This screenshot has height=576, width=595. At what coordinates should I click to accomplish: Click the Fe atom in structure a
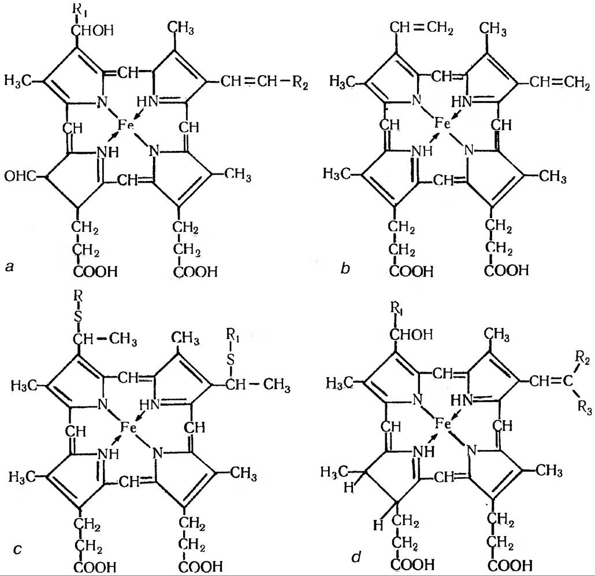(125, 124)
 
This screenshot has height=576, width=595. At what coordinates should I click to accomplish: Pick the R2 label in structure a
(299, 86)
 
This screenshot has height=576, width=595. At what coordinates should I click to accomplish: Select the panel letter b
(345, 267)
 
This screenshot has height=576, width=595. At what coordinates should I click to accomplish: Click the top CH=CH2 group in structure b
(419, 27)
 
